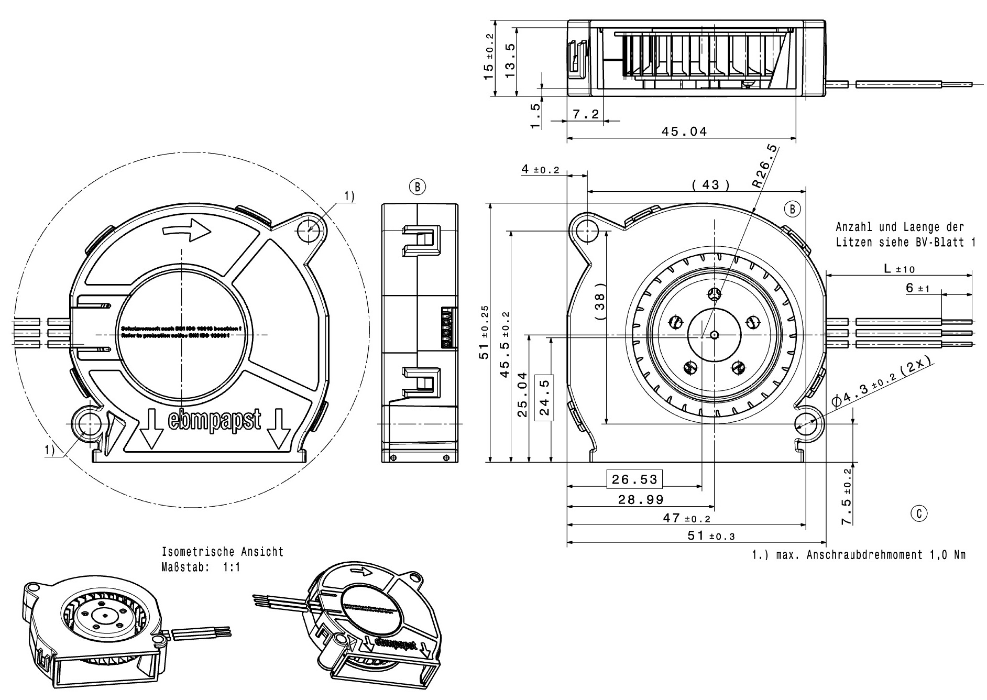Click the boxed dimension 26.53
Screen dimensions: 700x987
tap(634, 479)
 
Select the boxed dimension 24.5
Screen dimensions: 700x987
tap(544, 398)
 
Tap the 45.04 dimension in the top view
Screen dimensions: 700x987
tap(684, 132)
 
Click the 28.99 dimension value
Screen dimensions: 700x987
tap(640, 500)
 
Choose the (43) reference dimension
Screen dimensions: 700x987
tap(710, 184)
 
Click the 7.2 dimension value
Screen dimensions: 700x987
tap(586, 114)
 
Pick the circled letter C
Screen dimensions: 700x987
tap(918, 513)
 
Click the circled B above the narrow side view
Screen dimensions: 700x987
tap(418, 187)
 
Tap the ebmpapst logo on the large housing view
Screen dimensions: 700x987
tap(214, 420)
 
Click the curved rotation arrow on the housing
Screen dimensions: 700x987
tap(187, 231)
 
